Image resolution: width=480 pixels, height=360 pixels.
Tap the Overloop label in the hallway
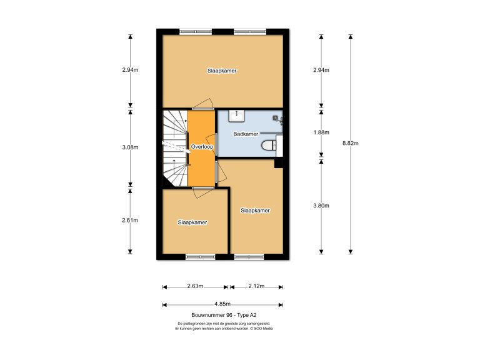point(202,147)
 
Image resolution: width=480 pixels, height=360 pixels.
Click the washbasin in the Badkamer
point(237,115)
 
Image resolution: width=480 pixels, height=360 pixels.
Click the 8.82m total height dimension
point(351,143)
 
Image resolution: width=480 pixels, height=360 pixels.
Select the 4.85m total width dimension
point(222,305)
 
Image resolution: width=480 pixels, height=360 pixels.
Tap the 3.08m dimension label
point(130,147)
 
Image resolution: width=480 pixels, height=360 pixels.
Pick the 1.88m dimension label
point(321,132)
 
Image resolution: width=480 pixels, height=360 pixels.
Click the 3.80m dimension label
point(321,206)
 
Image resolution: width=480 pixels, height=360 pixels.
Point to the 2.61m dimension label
point(130,220)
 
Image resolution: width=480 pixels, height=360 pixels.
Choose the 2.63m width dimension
point(195,287)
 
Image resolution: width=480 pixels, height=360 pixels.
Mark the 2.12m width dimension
point(256,287)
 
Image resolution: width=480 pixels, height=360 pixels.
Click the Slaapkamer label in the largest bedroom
point(222,71)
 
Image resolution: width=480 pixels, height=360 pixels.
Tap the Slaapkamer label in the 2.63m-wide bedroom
point(192,222)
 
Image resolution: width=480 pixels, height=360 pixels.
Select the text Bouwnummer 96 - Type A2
point(222,315)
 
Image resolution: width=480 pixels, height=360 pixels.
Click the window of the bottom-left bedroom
point(199,257)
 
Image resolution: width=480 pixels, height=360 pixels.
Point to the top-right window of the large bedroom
point(250,31)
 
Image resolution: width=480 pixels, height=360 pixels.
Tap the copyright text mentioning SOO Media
point(222,328)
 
